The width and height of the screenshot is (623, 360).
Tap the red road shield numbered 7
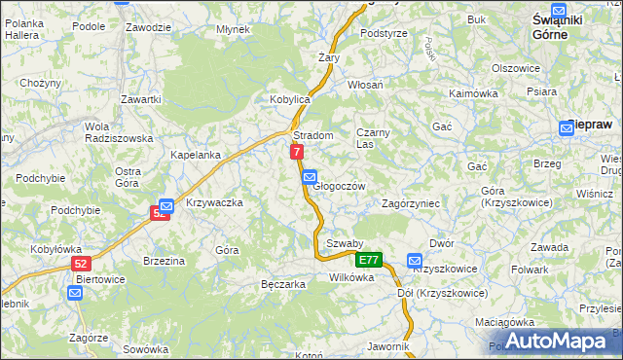click(x=297, y=152)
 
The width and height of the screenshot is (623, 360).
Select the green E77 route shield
click(x=368, y=261)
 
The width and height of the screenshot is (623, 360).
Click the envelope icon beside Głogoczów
click(x=309, y=177)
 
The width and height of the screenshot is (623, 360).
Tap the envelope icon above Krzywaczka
click(x=165, y=206)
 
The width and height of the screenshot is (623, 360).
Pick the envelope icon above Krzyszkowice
click(x=416, y=261)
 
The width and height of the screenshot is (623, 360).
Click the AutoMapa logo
click(x=553, y=341)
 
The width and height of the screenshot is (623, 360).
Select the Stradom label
click(x=313, y=135)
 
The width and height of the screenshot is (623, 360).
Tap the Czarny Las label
click(x=372, y=137)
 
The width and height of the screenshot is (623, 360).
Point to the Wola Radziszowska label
click(x=119, y=132)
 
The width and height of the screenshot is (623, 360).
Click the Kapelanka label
click(x=196, y=155)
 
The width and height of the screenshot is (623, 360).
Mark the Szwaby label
click(x=345, y=243)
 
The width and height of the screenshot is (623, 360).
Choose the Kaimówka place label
click(x=474, y=93)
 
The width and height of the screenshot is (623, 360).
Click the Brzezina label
click(x=164, y=261)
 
